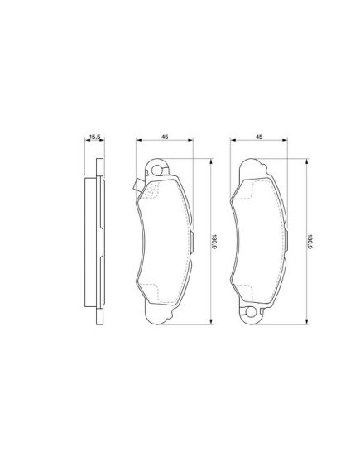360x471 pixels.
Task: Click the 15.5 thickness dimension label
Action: coord(94,137)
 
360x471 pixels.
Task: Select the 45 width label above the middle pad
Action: coord(165,137)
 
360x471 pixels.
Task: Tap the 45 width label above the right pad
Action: coord(259,137)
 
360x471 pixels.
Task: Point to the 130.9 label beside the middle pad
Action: coord(214,241)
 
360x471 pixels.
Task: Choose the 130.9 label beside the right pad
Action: coord(310,241)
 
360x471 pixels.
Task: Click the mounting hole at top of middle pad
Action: coord(156,171)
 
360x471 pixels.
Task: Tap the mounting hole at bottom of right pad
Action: coord(251,312)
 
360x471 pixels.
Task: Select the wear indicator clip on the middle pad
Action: coord(137,185)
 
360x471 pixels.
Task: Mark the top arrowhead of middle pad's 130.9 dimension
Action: coord(210,161)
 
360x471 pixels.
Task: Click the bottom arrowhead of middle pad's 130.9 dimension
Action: coord(210,322)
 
